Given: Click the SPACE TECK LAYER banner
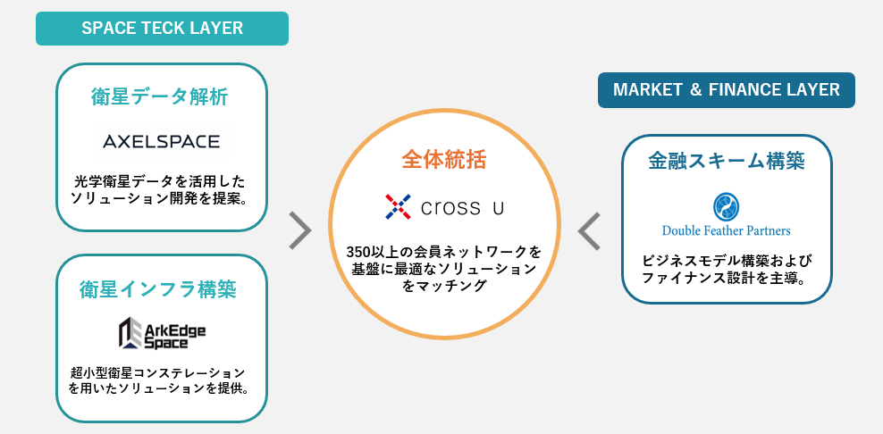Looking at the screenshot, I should tap(162, 28).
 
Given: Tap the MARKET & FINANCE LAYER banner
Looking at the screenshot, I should tap(726, 89).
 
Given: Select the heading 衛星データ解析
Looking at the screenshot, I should tap(160, 96).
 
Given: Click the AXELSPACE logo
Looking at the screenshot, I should tap(161, 141).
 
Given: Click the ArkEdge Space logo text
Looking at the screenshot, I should tap(175, 336).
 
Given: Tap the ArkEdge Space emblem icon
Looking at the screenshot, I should tap(130, 333).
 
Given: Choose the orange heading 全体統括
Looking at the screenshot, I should tap(443, 161).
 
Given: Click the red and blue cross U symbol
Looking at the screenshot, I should tap(397, 207).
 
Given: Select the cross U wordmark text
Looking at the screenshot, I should tap(463, 208).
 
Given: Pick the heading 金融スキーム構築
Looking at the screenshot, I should tap(726, 162).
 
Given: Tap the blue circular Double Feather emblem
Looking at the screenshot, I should tap(726, 207).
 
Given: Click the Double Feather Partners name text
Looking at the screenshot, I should tap(726, 230).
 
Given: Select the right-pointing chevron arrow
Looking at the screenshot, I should tap(301, 230).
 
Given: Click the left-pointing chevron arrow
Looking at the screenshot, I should tap(589, 230).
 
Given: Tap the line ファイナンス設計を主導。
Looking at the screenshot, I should tap(726, 278).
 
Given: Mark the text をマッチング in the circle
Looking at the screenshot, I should tap(443, 286).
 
